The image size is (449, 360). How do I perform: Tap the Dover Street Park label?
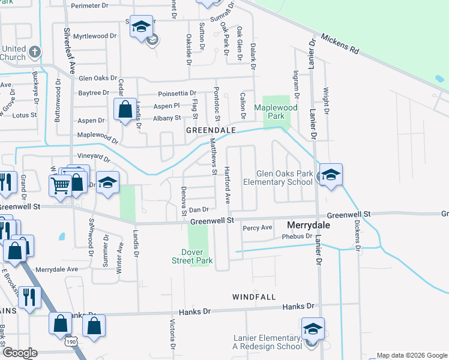197,257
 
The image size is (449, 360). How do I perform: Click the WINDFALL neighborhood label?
254,297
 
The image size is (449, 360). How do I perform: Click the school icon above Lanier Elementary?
313,329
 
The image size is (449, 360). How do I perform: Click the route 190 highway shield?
70,340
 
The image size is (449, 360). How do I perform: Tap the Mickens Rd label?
340,44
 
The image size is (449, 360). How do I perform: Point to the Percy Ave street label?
258,228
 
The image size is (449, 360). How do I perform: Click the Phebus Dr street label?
297,236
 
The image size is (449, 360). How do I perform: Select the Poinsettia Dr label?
177,93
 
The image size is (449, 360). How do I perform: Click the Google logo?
19,353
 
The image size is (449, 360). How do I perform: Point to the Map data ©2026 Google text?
411,355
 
